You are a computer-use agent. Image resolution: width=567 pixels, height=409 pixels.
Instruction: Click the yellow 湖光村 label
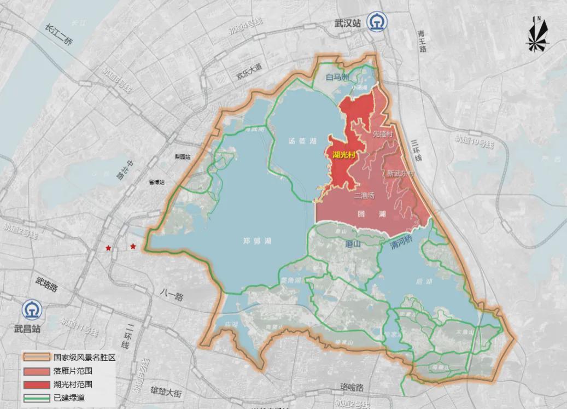pos(344,155)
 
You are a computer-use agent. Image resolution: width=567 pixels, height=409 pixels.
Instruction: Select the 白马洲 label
pos(337,78)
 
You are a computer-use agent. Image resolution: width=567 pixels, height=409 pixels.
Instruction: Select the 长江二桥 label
pos(59,34)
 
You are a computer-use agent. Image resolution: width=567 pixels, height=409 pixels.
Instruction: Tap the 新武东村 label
pos(401,173)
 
